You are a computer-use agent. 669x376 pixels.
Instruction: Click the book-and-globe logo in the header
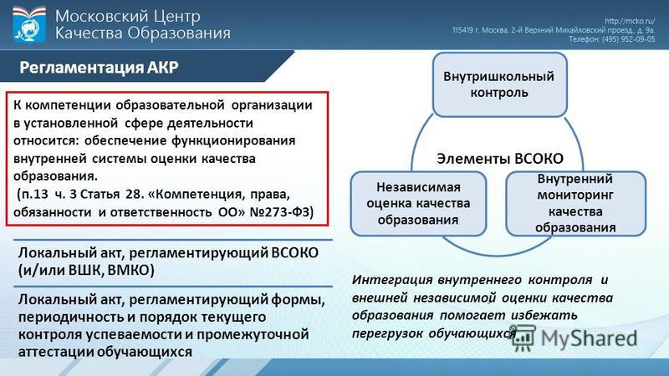tap(29, 25)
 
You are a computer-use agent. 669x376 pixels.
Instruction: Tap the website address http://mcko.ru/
tap(630, 21)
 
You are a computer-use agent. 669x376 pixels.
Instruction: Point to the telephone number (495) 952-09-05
tap(628, 39)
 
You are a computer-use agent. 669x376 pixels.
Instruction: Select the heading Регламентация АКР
tap(99, 68)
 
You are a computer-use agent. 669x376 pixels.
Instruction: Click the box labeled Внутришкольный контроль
tap(499, 84)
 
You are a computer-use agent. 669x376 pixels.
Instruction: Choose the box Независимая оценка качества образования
tap(419, 204)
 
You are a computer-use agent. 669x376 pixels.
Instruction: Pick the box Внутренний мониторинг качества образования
tap(575, 203)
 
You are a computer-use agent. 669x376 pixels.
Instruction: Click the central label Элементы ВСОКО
tap(500, 159)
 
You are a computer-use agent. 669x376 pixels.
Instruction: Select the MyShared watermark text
tap(590, 339)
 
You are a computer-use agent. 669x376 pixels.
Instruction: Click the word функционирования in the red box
tap(233, 140)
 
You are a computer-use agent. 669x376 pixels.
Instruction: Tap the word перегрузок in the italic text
tap(387, 333)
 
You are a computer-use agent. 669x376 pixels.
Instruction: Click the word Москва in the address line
tap(495, 30)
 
